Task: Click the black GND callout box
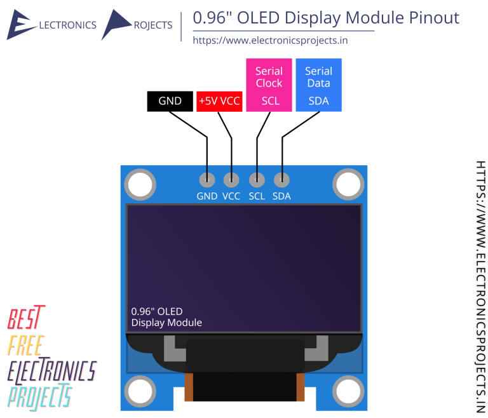[170, 101]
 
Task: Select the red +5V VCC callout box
[219, 101]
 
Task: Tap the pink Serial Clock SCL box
[269, 85]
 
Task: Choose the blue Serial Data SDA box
[318, 85]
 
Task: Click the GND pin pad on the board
[207, 180]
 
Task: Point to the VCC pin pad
[232, 180]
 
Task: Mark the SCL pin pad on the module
[257, 180]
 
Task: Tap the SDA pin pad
[281, 180]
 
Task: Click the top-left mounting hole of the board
[140, 185]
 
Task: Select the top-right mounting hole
[348, 185]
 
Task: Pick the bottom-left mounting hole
[140, 391]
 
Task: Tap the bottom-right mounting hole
[348, 391]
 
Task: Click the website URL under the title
[270, 41]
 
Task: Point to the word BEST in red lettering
[27, 318]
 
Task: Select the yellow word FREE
[25, 345]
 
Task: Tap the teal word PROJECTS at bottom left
[39, 396]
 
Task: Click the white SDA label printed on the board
[281, 196]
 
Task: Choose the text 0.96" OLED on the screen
[156, 311]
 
